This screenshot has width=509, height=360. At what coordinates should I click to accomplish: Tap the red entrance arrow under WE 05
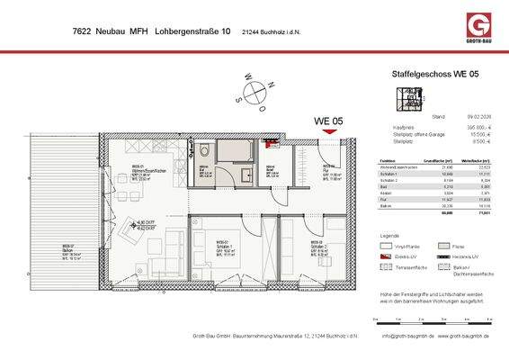[328, 131]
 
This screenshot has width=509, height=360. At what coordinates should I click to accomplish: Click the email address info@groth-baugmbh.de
[410, 336]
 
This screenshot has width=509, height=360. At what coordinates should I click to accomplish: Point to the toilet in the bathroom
[206, 151]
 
